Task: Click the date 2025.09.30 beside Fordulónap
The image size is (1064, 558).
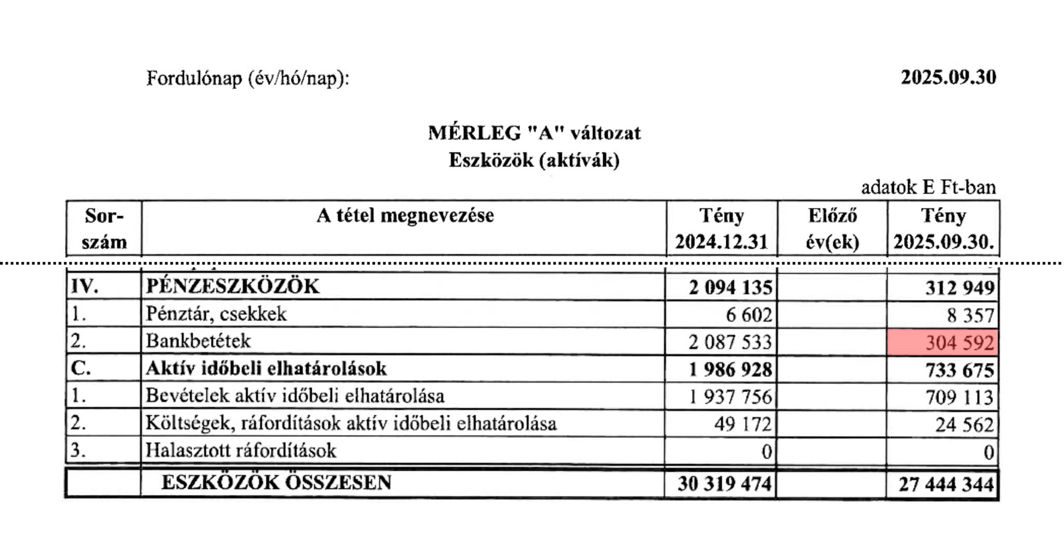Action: tap(948, 77)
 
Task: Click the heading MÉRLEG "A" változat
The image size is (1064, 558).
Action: tap(534, 133)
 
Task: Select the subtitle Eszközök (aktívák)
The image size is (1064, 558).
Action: tap(534, 160)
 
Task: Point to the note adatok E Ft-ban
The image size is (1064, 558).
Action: tap(928, 187)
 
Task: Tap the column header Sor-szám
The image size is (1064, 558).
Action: tap(104, 228)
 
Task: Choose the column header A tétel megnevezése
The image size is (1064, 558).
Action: tap(405, 215)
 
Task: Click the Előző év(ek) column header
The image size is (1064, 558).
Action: tap(832, 228)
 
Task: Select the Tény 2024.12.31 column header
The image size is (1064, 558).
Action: tap(721, 228)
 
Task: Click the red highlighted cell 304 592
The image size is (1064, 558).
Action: tap(943, 343)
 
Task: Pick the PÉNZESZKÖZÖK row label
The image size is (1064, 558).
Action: tap(233, 287)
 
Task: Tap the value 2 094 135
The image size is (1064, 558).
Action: tap(730, 287)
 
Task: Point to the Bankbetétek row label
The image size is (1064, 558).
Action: tap(198, 341)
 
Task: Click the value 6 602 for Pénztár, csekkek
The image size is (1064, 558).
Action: tap(749, 315)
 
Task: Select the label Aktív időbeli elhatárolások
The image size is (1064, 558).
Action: tap(266, 369)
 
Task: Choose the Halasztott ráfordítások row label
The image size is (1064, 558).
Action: tap(241, 450)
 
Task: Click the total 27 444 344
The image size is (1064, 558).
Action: tap(946, 484)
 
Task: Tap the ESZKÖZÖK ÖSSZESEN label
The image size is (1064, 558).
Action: tap(276, 482)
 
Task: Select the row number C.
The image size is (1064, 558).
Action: tap(81, 369)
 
